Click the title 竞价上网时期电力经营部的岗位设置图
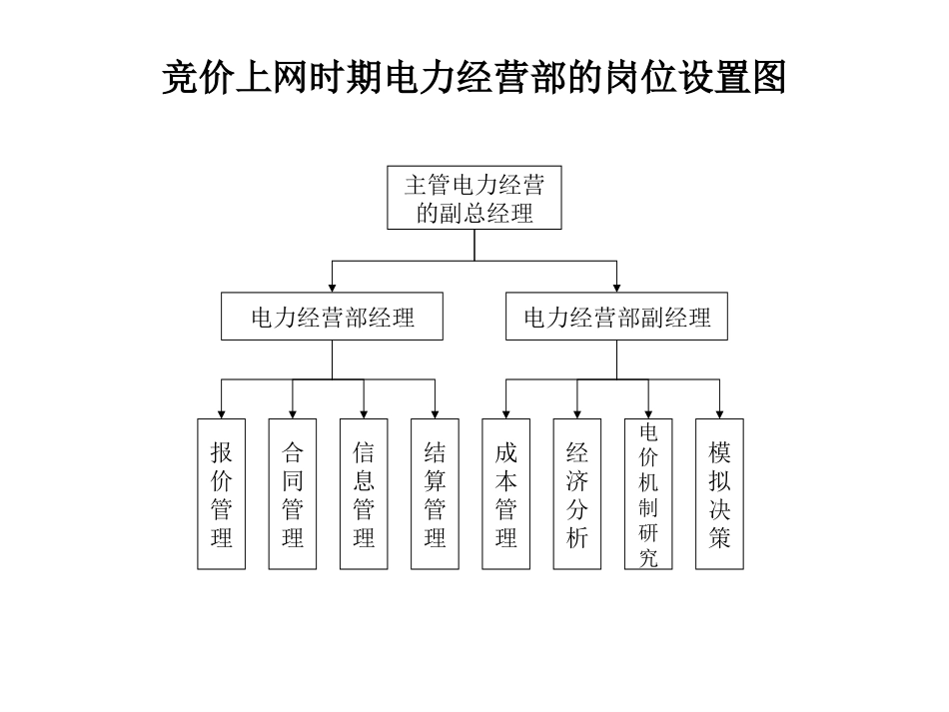[x=474, y=77]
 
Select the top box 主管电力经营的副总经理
[x=474, y=198]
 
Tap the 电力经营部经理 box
[x=333, y=318]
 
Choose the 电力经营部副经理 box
[x=616, y=318]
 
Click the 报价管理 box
[x=221, y=494]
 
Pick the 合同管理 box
[x=292, y=494]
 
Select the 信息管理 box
[x=364, y=494]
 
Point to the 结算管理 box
[x=435, y=494]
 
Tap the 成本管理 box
[x=506, y=494]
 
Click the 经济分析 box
[x=577, y=494]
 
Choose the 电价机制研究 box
[x=648, y=494]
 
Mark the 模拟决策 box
[x=720, y=494]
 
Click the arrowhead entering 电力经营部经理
[x=333, y=288]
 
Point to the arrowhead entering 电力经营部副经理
[x=616, y=288]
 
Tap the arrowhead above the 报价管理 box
[x=221, y=413]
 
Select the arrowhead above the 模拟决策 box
[x=720, y=413]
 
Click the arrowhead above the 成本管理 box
[x=506, y=413]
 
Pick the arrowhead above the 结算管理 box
[x=435, y=413]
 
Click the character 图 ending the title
[x=769, y=77]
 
